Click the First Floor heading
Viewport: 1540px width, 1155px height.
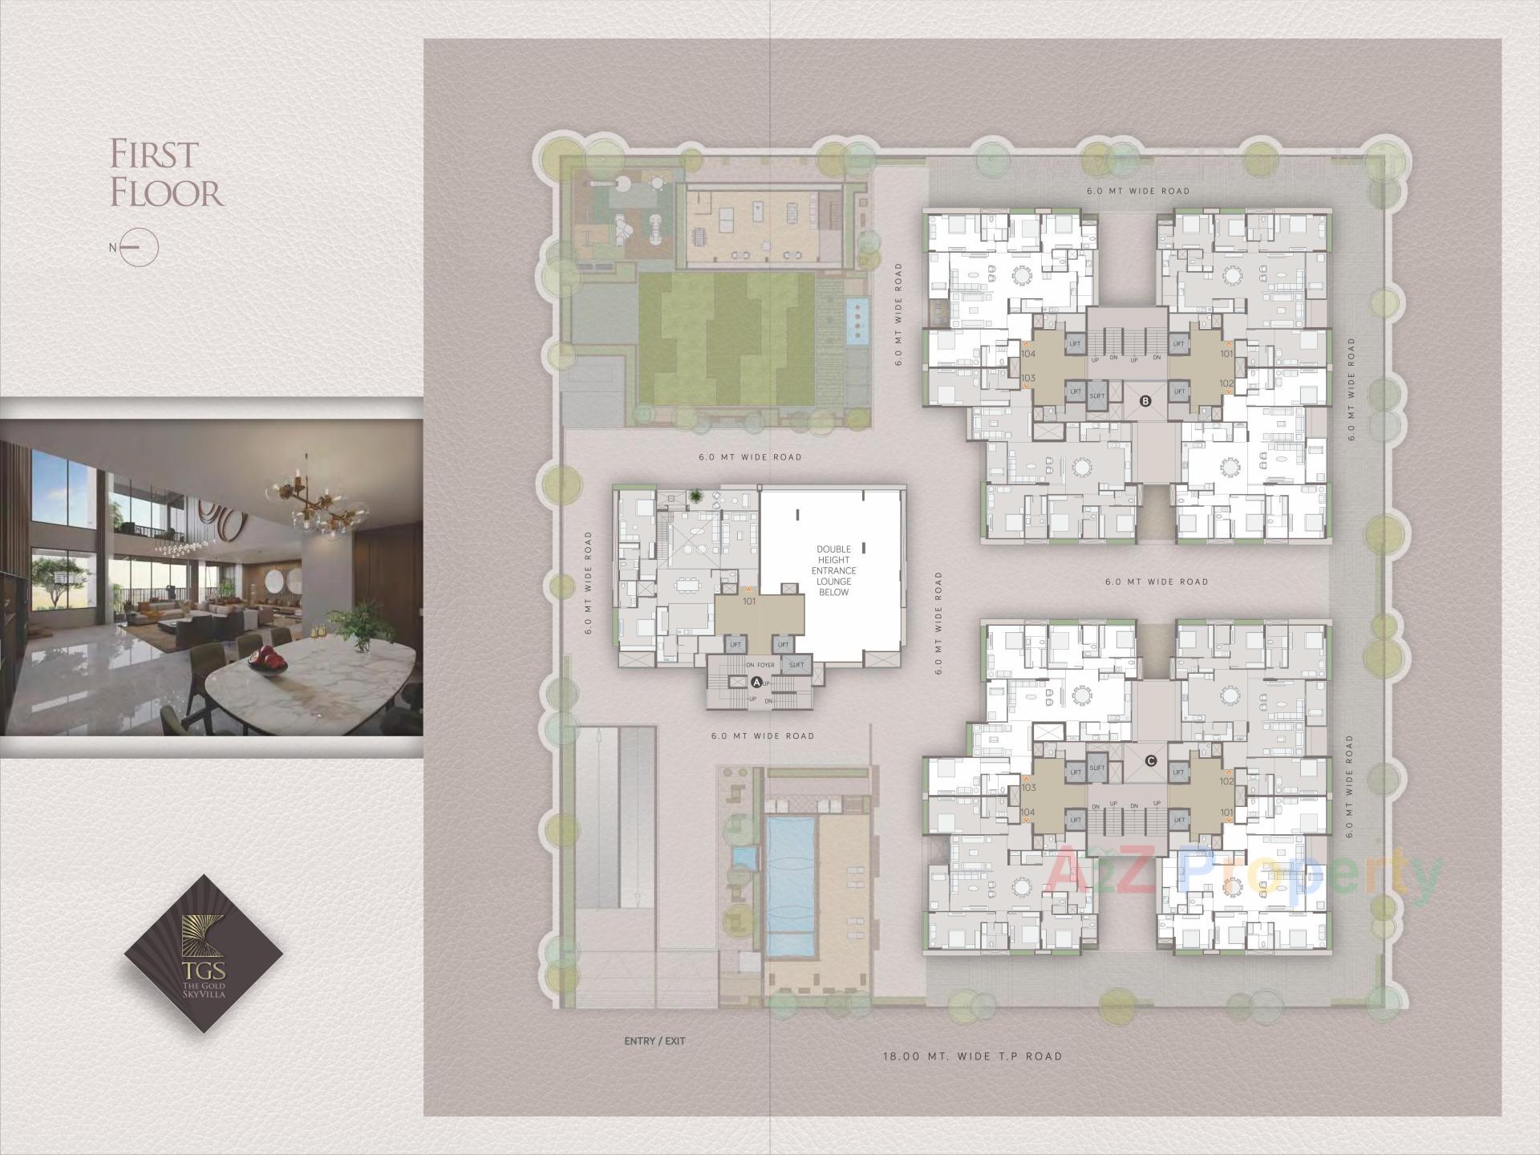tap(166, 174)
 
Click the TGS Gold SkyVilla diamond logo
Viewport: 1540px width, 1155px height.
tap(204, 952)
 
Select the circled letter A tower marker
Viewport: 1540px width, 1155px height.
tap(756, 682)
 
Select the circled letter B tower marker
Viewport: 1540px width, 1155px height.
tap(1145, 402)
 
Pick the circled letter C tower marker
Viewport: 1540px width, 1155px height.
tap(1151, 760)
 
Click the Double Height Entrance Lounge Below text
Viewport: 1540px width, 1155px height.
tap(833, 570)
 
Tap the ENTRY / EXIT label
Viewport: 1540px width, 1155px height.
tap(654, 1041)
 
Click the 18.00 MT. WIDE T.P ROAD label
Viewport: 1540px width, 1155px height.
tap(972, 1056)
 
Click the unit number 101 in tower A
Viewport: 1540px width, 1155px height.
tap(749, 601)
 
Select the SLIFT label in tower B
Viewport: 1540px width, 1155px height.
tap(1096, 396)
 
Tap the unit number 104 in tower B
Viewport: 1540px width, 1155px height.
tap(1028, 354)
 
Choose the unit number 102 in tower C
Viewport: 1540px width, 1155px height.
tap(1226, 780)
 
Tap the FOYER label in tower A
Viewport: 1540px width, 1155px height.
tap(765, 665)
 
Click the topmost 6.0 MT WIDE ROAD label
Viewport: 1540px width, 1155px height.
tap(1138, 191)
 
